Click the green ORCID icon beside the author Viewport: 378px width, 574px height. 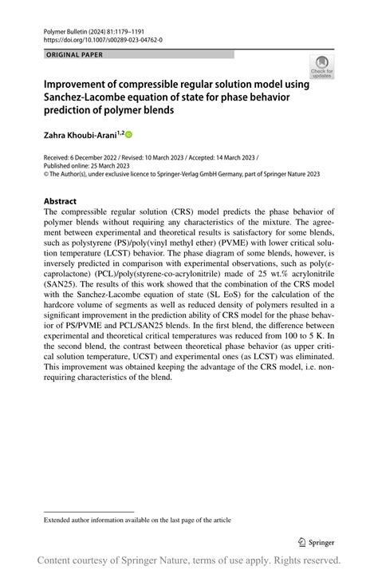pos(128,134)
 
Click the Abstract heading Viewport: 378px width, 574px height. pos(60,201)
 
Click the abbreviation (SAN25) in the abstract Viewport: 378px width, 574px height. pos(63,282)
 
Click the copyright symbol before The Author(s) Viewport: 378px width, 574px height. pos(45,172)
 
